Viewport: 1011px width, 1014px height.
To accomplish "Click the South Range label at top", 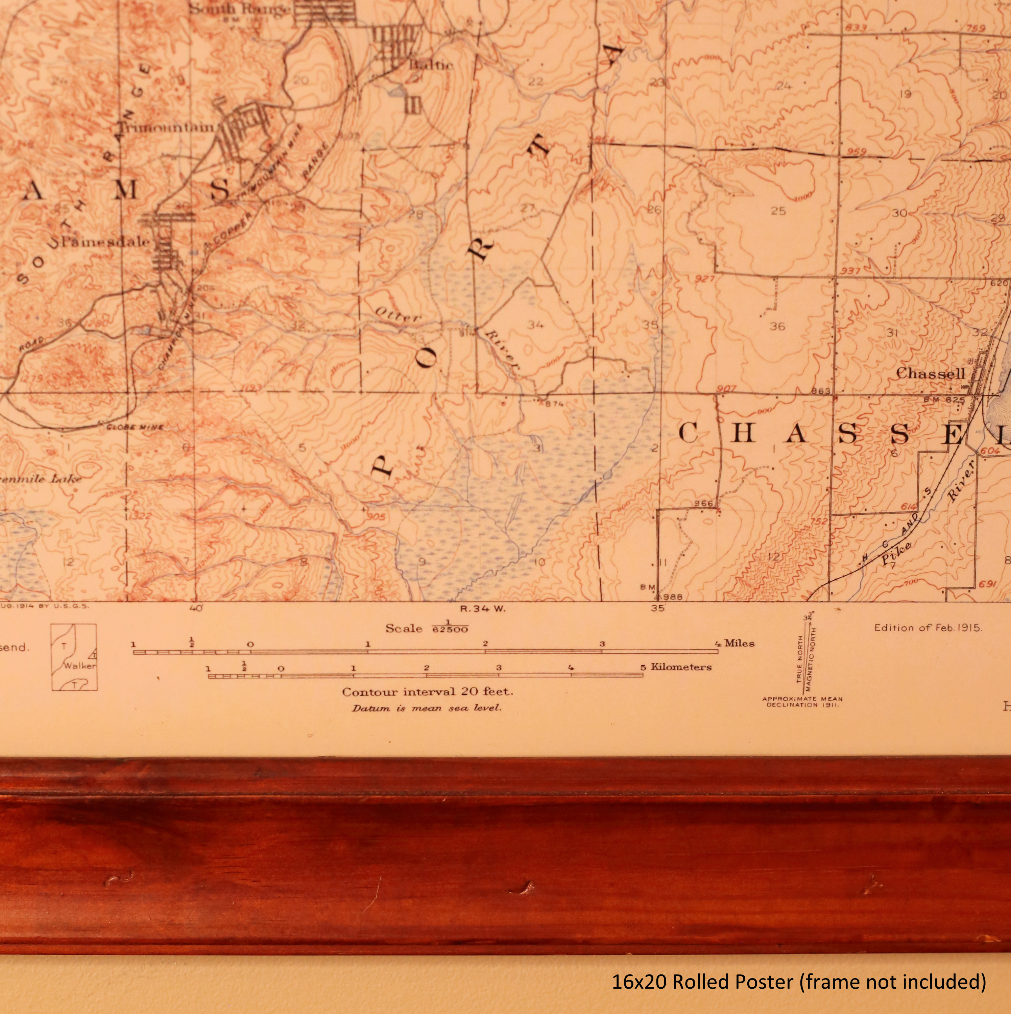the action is [239, 9].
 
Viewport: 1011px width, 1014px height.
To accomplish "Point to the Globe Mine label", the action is [135, 427].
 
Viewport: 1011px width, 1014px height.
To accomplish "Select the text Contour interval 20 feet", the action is [427, 692].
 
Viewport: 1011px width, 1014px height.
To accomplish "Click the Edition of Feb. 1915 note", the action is [928, 627].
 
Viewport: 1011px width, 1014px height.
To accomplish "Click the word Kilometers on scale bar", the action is [681, 667].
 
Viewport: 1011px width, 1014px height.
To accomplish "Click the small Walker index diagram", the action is [74, 657].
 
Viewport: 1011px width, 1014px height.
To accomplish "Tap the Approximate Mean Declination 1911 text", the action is [802, 702].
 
